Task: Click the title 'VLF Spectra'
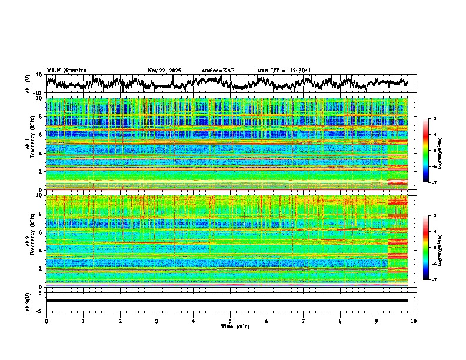click(x=66, y=70)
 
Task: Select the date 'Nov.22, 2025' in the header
click(x=164, y=71)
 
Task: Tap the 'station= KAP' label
click(x=218, y=71)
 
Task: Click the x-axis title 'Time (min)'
click(x=230, y=326)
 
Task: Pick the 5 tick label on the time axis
click(x=230, y=321)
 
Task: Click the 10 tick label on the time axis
click(x=414, y=321)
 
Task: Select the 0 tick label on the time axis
click(x=46, y=321)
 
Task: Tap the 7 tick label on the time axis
click(x=304, y=321)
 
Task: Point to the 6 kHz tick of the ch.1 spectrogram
click(x=41, y=135)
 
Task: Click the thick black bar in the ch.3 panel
click(x=227, y=301)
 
